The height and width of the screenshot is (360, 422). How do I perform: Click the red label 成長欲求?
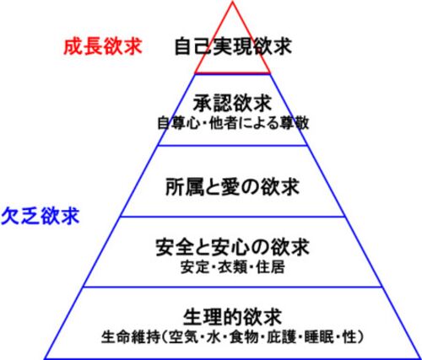click(x=103, y=46)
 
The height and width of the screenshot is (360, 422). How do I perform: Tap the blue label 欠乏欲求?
click(x=41, y=216)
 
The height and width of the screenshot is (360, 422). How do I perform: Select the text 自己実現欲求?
click(x=233, y=46)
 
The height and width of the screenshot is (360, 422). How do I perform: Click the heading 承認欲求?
click(x=232, y=103)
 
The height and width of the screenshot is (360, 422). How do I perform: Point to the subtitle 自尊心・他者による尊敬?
click(x=233, y=123)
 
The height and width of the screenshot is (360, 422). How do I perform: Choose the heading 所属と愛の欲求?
click(x=232, y=187)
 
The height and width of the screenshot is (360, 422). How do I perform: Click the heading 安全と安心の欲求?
click(x=232, y=247)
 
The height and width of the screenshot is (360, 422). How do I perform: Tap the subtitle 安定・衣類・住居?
click(x=233, y=267)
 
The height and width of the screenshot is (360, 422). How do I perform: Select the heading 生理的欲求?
click(x=232, y=317)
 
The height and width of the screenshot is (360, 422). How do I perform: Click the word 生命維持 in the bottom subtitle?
click(x=131, y=337)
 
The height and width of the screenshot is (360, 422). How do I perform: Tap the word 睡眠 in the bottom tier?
click(x=319, y=337)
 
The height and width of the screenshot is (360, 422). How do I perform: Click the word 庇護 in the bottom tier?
click(x=282, y=337)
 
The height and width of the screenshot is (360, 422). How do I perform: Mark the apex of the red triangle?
click(x=233, y=2)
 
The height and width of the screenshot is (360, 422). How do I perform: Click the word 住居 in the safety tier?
click(x=270, y=267)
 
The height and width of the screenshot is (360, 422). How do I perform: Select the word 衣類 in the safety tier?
click(x=233, y=267)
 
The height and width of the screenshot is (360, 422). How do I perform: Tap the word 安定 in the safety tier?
click(x=195, y=267)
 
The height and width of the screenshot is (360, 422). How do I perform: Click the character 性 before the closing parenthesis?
click(x=349, y=337)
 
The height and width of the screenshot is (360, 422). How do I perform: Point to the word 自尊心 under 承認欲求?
click(x=179, y=123)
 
